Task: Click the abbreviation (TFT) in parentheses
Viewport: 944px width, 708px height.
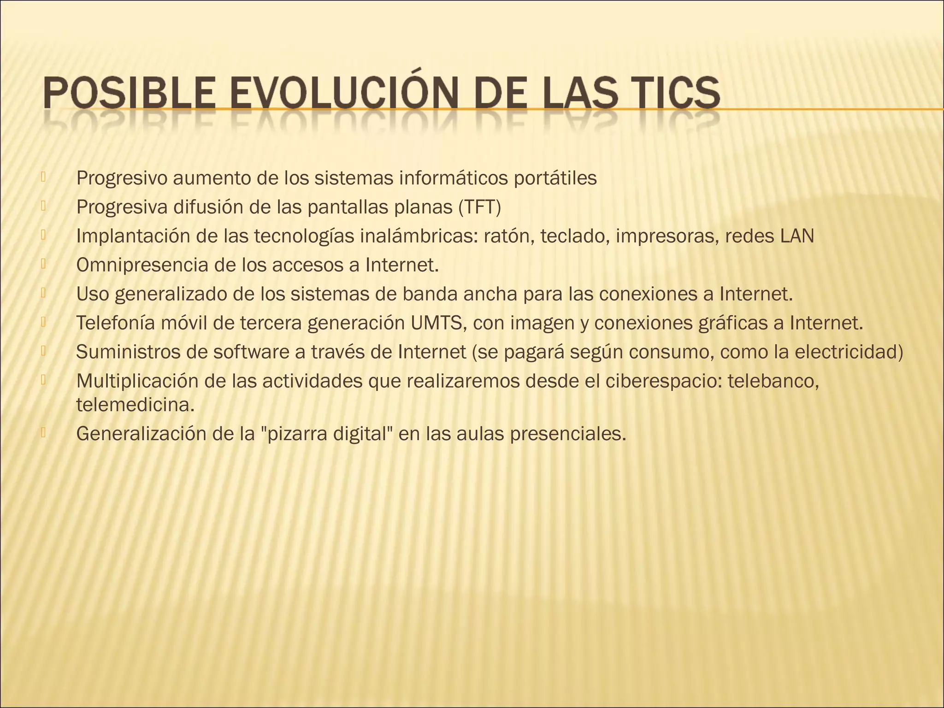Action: coord(479,207)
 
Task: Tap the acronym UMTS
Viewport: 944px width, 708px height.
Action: coord(436,323)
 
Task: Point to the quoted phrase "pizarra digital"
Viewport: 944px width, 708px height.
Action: coord(326,434)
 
